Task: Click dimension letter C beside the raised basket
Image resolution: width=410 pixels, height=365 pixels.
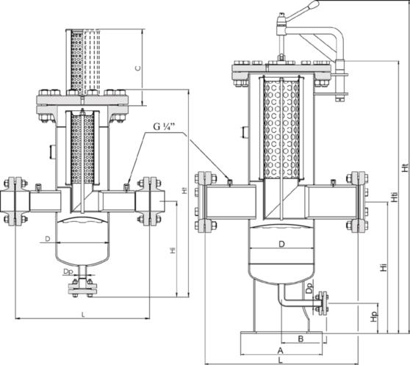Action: [137, 68]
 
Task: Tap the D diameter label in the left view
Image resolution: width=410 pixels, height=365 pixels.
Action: [48, 239]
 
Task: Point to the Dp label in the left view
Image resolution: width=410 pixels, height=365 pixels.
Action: [68, 272]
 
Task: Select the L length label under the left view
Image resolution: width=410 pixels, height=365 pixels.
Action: [83, 315]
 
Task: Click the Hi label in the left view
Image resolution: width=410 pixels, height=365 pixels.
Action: [173, 250]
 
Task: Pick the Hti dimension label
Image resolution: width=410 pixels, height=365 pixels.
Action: [395, 198]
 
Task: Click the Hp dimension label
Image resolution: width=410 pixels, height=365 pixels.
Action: [375, 317]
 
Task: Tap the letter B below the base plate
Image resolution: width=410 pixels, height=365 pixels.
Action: [301, 339]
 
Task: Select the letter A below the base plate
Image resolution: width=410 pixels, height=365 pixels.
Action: [280, 350]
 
